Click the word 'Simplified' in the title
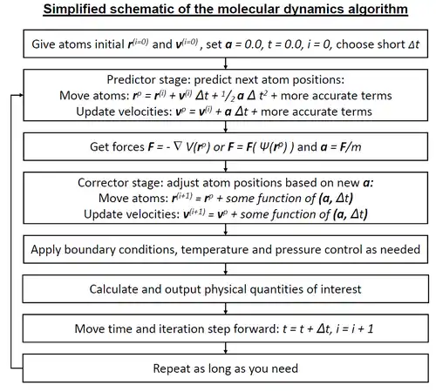point(75,10)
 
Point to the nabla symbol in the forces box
point(177,146)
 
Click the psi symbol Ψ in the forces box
point(263,146)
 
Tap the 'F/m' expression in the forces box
point(351,147)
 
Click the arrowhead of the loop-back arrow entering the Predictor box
point(21,95)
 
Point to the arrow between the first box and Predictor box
point(226,64)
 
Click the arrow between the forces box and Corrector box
point(226,166)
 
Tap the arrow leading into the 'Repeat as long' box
point(226,348)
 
